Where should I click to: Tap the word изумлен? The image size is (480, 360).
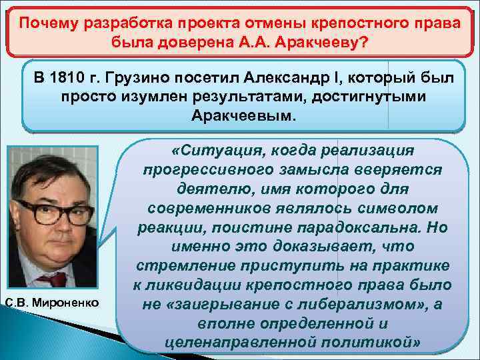(x=173, y=97)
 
